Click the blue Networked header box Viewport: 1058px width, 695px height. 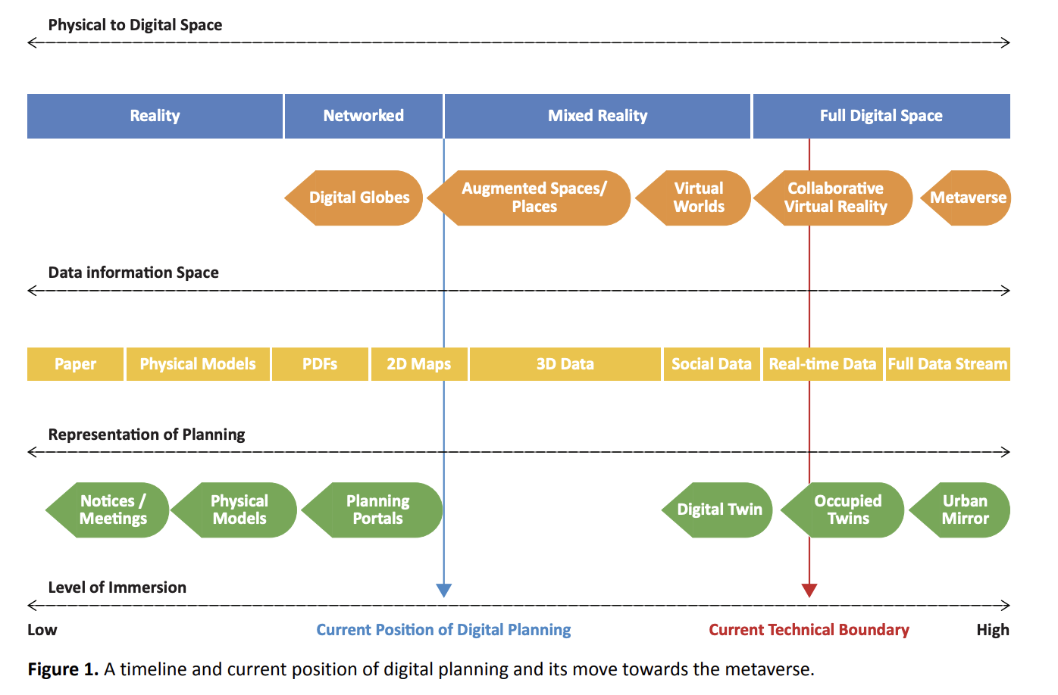(x=363, y=116)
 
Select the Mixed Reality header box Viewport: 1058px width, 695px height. (x=597, y=116)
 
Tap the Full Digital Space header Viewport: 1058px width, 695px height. (x=881, y=116)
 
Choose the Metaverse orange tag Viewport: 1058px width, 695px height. (x=968, y=198)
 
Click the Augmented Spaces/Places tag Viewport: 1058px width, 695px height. (x=533, y=198)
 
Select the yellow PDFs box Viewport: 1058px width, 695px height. (x=320, y=364)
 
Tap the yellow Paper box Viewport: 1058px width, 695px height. (x=75, y=364)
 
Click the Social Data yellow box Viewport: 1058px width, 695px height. (x=711, y=364)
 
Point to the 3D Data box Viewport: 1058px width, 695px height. (x=565, y=364)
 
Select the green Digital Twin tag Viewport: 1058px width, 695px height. (x=719, y=510)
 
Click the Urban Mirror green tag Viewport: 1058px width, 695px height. (x=963, y=510)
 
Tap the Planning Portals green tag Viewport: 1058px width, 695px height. (x=376, y=510)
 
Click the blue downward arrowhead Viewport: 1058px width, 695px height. (x=444, y=591)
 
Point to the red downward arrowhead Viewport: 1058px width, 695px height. (x=809, y=591)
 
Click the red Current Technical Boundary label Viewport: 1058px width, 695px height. (x=809, y=630)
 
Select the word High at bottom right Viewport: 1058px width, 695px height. (x=992, y=630)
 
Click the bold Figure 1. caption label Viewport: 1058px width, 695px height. (x=63, y=669)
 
